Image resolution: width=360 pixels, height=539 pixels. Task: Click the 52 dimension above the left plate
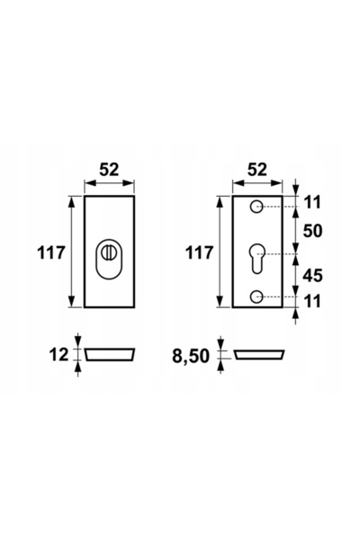point(109,170)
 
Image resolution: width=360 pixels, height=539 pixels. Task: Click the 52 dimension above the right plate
point(257,170)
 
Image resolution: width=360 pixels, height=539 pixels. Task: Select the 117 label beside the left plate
point(51,253)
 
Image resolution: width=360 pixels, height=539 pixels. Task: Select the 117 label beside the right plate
point(199,253)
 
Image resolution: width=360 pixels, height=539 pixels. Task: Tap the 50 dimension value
point(312,231)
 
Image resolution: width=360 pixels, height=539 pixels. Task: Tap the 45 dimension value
point(312,276)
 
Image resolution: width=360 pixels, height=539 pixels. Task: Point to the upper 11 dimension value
point(313,202)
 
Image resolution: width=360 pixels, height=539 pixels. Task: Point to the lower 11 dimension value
point(313,301)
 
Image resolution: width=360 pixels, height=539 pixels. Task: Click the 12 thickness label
point(58,355)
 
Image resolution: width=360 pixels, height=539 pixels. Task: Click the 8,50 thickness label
point(191,356)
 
